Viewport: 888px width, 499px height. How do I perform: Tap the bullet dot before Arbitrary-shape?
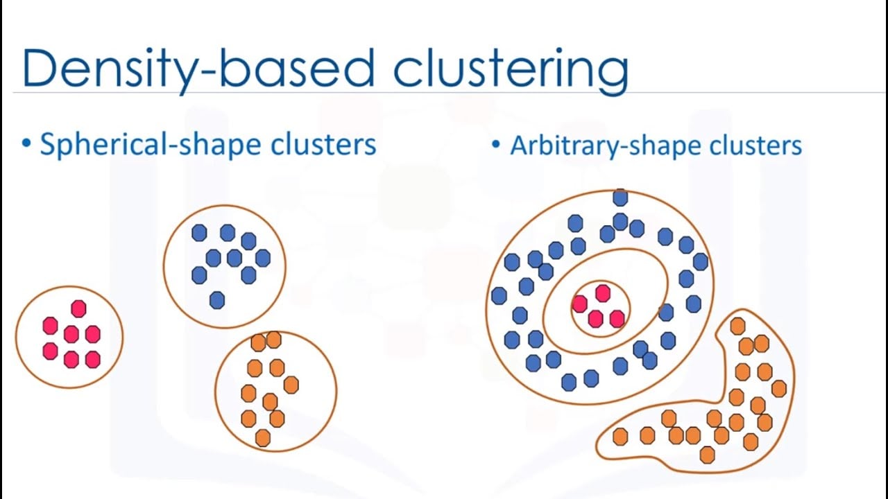pos(495,146)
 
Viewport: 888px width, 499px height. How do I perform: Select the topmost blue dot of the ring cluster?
pos(620,198)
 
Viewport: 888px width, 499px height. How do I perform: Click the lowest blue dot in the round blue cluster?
pos(217,300)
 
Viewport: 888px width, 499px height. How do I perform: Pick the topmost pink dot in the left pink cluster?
pos(78,308)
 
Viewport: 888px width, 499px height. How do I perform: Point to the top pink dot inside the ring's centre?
pos(603,293)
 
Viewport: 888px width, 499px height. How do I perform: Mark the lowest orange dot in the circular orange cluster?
pos(263,438)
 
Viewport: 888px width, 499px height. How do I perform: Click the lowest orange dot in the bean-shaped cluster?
pos(708,455)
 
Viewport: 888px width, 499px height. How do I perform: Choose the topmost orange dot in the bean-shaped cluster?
pos(738,326)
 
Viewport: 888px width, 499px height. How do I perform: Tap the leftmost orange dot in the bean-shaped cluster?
pos(620,437)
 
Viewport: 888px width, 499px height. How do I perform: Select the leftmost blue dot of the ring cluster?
pos(499,296)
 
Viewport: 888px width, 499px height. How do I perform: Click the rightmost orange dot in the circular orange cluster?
pos(291,385)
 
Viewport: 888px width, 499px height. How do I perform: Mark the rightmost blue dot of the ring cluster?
pos(701,261)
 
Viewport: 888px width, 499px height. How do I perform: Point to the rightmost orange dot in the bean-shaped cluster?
pos(779,389)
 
